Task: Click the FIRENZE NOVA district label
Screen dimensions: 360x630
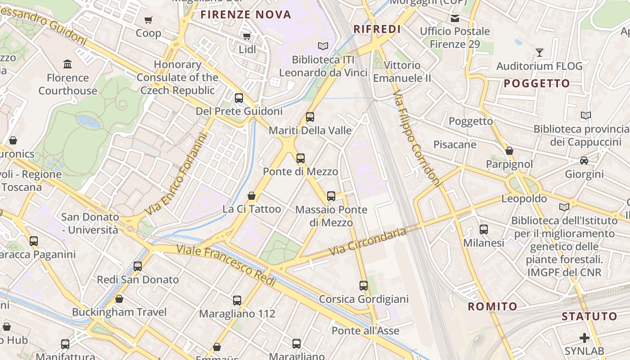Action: point(246,14)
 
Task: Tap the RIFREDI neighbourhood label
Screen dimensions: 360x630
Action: point(377,29)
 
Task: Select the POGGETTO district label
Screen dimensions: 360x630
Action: point(537,83)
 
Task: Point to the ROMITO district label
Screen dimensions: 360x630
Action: point(492,307)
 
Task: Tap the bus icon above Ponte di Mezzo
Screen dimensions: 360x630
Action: point(301,158)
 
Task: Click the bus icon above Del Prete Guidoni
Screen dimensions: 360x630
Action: point(239,98)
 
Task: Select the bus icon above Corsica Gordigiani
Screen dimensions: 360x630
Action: point(364,286)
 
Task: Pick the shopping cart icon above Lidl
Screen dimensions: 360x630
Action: point(247,36)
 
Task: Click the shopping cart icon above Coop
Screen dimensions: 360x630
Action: point(148,20)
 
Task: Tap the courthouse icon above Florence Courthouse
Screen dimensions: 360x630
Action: point(68,64)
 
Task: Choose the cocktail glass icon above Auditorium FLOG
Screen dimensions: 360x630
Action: point(540,53)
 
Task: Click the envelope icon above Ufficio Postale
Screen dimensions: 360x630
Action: point(455,18)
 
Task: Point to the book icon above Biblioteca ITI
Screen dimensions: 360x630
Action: point(323,46)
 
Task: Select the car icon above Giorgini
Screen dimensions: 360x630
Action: point(584,161)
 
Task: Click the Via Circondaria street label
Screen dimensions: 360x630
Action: point(368,241)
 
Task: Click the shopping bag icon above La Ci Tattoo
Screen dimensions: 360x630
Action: point(252,196)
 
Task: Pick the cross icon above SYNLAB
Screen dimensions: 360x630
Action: point(585,337)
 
